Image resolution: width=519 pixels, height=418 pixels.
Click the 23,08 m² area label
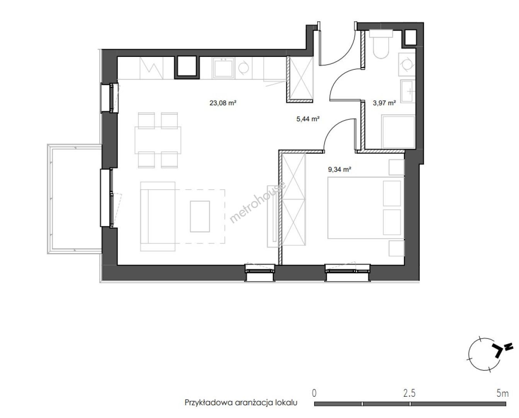223,103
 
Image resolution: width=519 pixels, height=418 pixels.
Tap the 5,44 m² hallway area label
308,119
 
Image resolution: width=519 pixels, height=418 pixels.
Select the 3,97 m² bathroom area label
384,103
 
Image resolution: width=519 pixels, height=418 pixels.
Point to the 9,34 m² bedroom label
339,170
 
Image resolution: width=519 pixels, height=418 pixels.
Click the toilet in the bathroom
381,44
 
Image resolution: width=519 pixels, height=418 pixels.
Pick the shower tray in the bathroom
398,132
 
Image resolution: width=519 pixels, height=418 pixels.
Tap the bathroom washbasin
408,91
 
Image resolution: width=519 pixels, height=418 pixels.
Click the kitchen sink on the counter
223,68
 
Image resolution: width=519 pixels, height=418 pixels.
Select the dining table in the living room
158,140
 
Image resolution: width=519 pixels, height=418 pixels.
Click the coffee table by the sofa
200,216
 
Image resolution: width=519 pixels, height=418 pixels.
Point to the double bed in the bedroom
366,208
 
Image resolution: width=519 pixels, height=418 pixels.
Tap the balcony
74,199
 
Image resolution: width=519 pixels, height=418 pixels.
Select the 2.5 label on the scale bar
409,393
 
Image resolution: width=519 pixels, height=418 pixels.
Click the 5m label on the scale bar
503,393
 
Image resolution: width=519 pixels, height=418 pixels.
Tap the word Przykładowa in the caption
208,403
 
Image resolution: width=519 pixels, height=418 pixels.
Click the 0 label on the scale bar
314,393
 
